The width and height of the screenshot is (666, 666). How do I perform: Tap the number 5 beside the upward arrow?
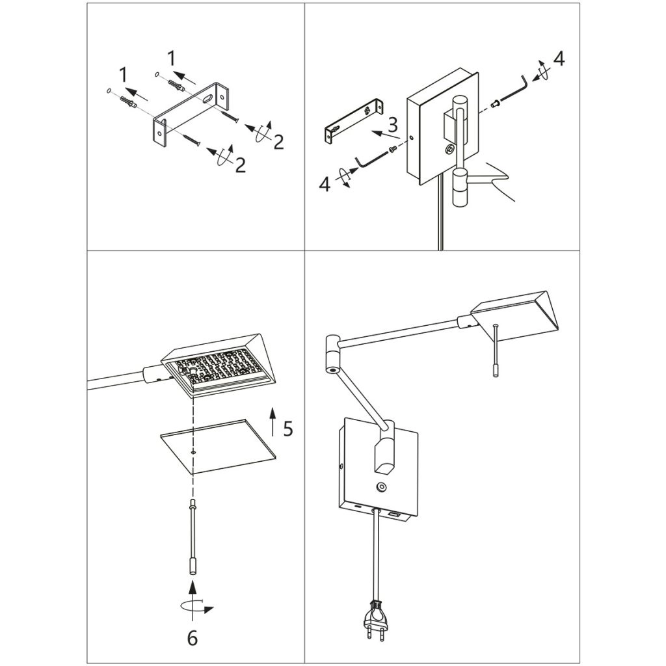click(x=287, y=429)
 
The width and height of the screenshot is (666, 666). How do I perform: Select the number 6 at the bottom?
click(x=192, y=638)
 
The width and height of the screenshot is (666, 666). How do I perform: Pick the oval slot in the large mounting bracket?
click(x=207, y=100)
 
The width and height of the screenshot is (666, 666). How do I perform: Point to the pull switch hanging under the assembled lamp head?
click(x=496, y=351)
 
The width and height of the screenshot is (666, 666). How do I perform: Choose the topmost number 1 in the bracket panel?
click(x=171, y=58)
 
